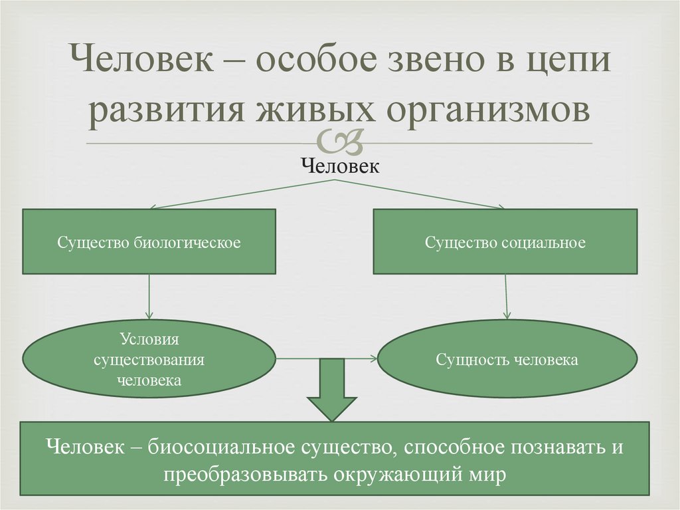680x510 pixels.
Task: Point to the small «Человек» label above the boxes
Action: coord(340,167)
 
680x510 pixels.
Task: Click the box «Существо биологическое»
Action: coord(149,242)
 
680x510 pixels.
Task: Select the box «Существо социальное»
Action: coord(505,242)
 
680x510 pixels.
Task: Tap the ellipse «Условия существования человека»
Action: coord(149,359)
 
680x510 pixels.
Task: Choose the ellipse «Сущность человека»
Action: coord(507,359)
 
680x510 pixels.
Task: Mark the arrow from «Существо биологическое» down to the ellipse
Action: coord(149,297)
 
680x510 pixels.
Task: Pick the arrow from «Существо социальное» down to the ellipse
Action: coord(507,297)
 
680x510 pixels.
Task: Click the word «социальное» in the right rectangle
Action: coord(548,243)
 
